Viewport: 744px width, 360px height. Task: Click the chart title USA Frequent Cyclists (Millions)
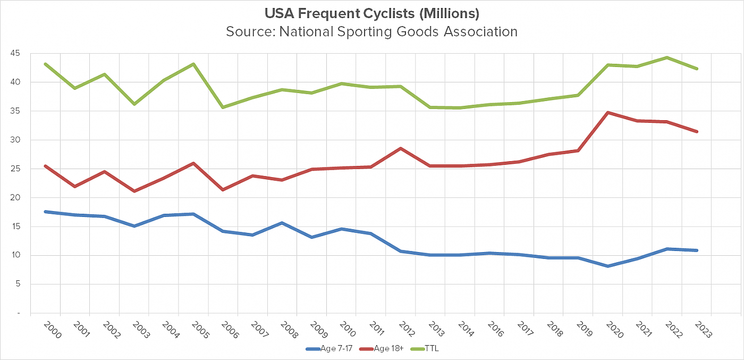[371, 13]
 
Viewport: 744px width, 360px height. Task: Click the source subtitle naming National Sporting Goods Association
[371, 31]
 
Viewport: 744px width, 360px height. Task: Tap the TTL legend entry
[432, 349]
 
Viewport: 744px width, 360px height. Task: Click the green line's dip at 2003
[134, 104]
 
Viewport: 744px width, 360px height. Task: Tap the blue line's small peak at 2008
[282, 223]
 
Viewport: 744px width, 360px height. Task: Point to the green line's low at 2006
[223, 107]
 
